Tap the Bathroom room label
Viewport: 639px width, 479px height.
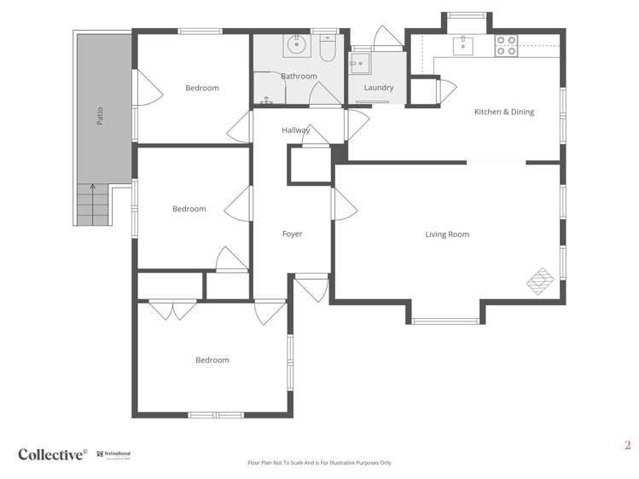299,76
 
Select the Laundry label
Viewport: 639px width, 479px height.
378,88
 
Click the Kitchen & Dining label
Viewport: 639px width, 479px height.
503,112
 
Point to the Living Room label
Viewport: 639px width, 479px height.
447,234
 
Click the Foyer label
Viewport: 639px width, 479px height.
292,234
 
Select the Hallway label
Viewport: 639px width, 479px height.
296,130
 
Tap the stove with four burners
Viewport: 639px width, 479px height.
506,45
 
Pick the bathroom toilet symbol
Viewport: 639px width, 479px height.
326,48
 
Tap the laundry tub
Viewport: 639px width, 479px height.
359,61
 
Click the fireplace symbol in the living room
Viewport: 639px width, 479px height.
539,280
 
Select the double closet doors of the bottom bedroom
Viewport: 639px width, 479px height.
173,309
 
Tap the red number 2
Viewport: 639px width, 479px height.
627,445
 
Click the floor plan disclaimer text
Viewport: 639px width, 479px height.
319,463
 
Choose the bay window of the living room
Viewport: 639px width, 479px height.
446,320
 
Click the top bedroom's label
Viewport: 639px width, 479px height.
202,88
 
